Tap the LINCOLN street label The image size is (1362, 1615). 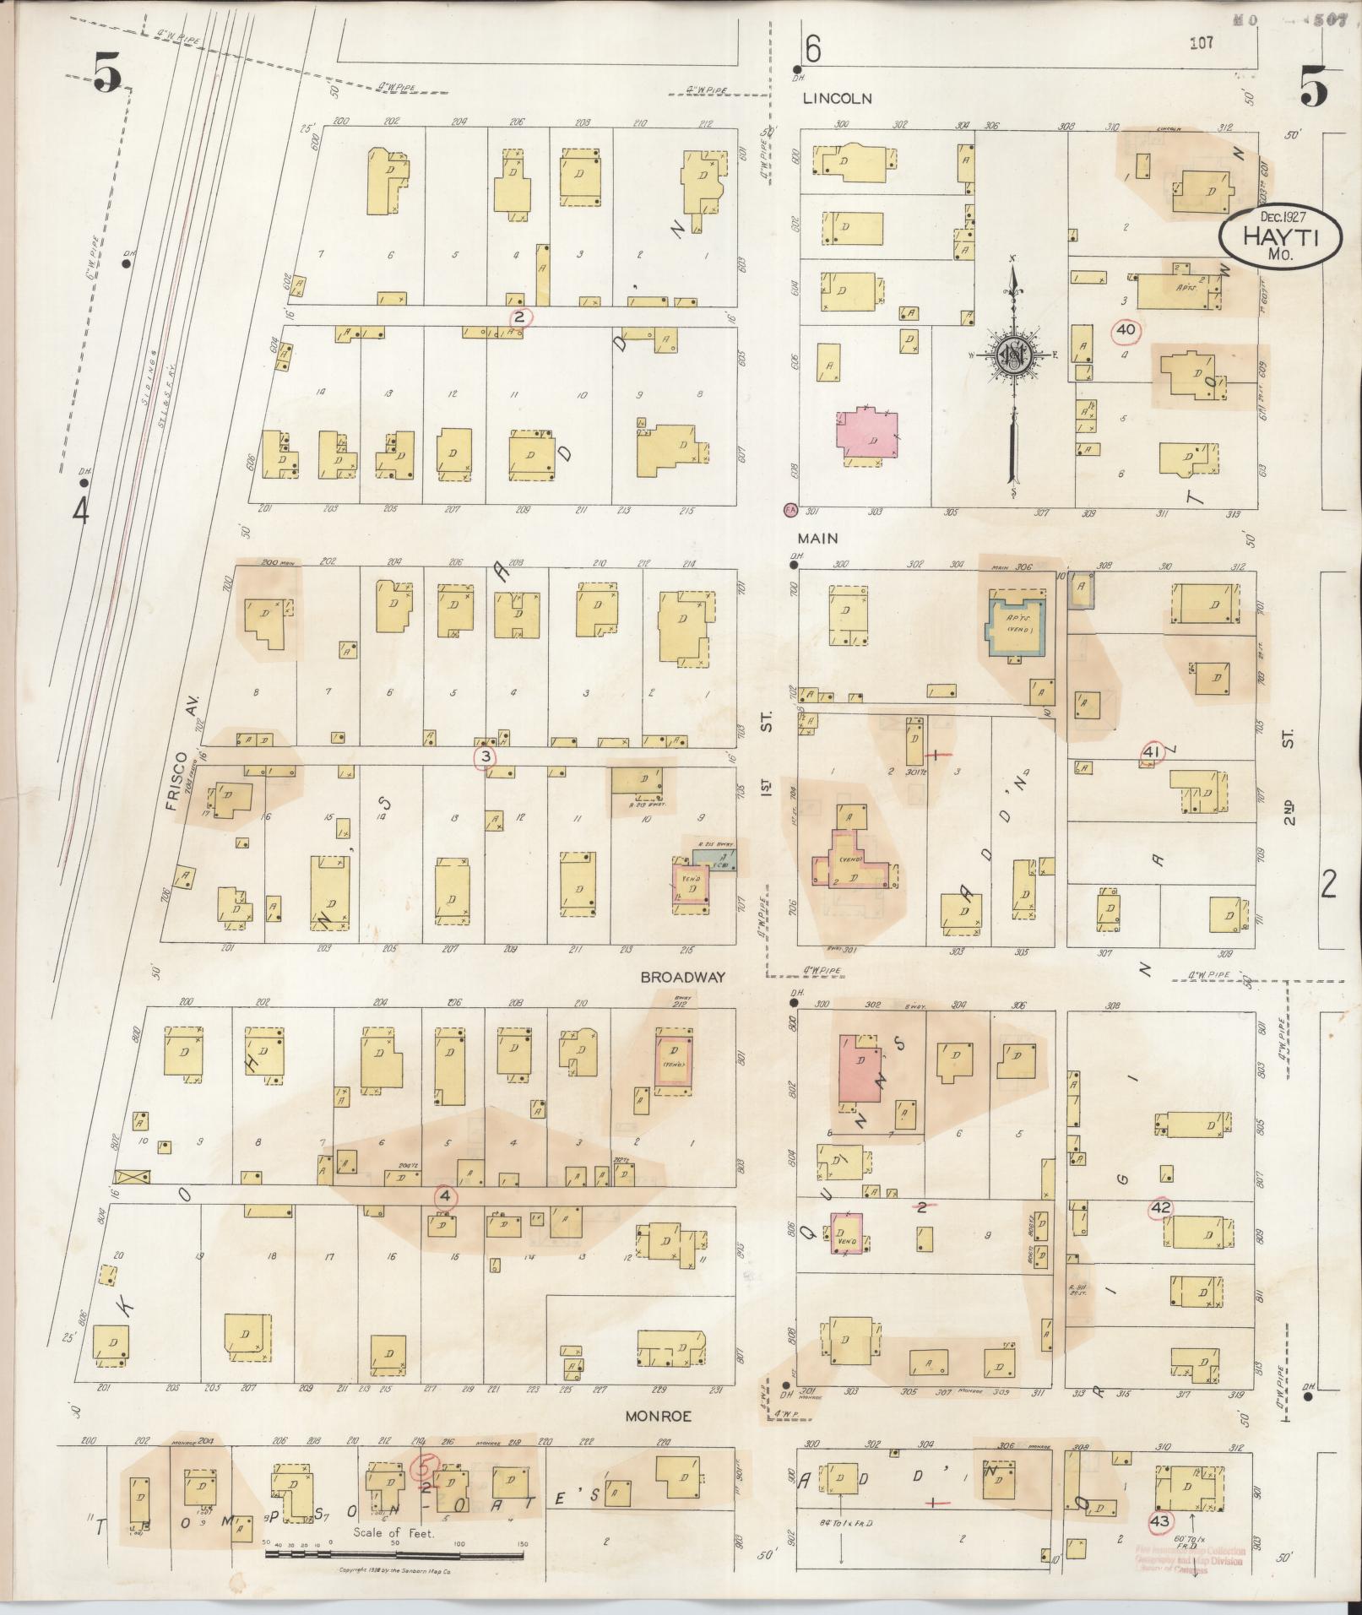(837, 98)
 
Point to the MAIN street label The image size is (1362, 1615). (820, 537)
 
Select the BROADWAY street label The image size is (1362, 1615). (682, 977)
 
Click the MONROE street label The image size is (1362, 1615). (658, 1416)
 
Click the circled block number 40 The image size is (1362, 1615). (1126, 330)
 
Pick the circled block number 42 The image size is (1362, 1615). (1160, 1209)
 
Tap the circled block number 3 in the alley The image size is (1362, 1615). (485, 756)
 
